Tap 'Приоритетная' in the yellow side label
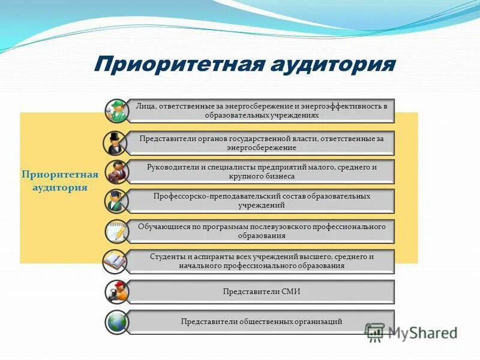(x=59, y=175)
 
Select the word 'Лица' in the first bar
(x=146, y=106)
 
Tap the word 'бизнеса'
(x=278, y=176)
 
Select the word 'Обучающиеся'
(x=163, y=227)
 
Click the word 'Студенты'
(x=167, y=256)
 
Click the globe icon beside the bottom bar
(x=116, y=322)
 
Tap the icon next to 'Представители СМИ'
(x=116, y=292)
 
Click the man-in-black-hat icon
(x=116, y=142)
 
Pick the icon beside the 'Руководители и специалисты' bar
(x=116, y=172)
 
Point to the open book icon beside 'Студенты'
(x=116, y=261)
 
